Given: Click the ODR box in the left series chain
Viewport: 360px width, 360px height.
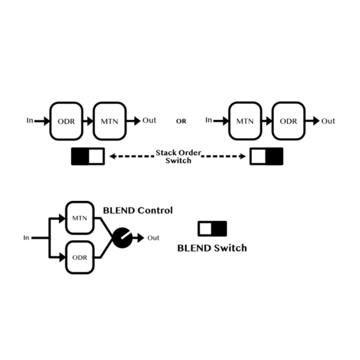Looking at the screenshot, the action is pos(66,121).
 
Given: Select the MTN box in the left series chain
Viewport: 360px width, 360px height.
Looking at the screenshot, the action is pos(110,121).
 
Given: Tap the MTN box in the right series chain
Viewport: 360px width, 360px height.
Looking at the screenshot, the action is pos(245,121).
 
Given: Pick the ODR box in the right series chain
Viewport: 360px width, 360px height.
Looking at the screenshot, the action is pos(288,121).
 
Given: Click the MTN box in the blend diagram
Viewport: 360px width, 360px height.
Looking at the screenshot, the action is pos(80,218).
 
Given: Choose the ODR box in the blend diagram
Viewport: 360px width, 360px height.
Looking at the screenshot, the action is pos(80,257).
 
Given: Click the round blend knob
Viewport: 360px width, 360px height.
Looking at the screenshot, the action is pos(122,238).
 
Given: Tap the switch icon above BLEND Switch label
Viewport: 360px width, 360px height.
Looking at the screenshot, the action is pos(212,229).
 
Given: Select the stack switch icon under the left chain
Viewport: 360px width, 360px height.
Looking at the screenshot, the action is pos(88,156).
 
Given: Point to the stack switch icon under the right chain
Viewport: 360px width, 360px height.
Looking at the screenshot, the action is pos(266,156).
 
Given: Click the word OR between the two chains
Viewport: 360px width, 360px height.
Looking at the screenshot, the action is pos(181,121).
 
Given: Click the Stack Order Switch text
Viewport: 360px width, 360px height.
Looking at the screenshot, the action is pos(178,156).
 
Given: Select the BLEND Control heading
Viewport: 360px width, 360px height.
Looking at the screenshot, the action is pos(138,210).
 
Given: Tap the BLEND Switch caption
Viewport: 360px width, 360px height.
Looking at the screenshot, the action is pos(212,248).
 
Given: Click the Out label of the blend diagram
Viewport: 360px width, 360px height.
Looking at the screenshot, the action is pos(153,238).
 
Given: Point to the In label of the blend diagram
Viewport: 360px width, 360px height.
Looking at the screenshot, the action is pos(26,238).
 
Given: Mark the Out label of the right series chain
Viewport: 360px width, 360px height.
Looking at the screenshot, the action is pos(328,121).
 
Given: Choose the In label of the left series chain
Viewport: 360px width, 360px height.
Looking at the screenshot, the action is pos(30,120).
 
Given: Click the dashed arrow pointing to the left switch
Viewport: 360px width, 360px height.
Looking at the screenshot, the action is pos(132,156).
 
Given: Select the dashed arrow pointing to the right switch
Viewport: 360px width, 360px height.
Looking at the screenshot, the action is pos(224,156).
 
